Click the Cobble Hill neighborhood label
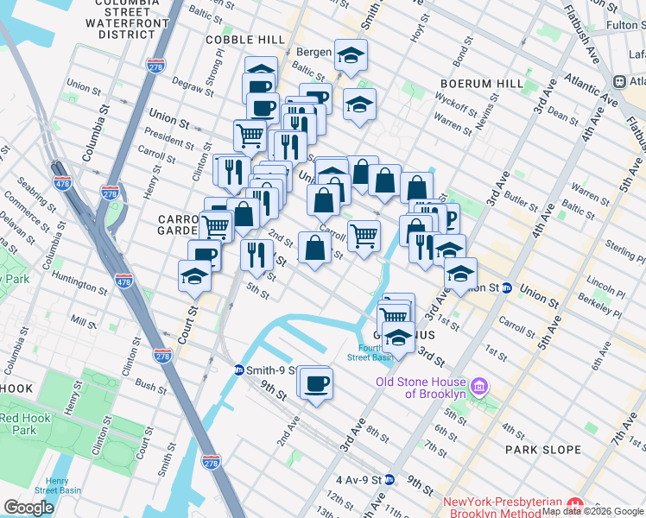[x=245, y=40]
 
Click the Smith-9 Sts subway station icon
[x=238, y=370]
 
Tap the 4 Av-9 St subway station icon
[x=389, y=479]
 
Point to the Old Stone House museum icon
[x=482, y=383]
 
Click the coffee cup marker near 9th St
[x=317, y=382]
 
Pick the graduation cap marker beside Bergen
[x=351, y=57]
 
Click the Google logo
[x=28, y=507]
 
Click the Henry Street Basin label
[x=58, y=485]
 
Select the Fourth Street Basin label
[x=370, y=351]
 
